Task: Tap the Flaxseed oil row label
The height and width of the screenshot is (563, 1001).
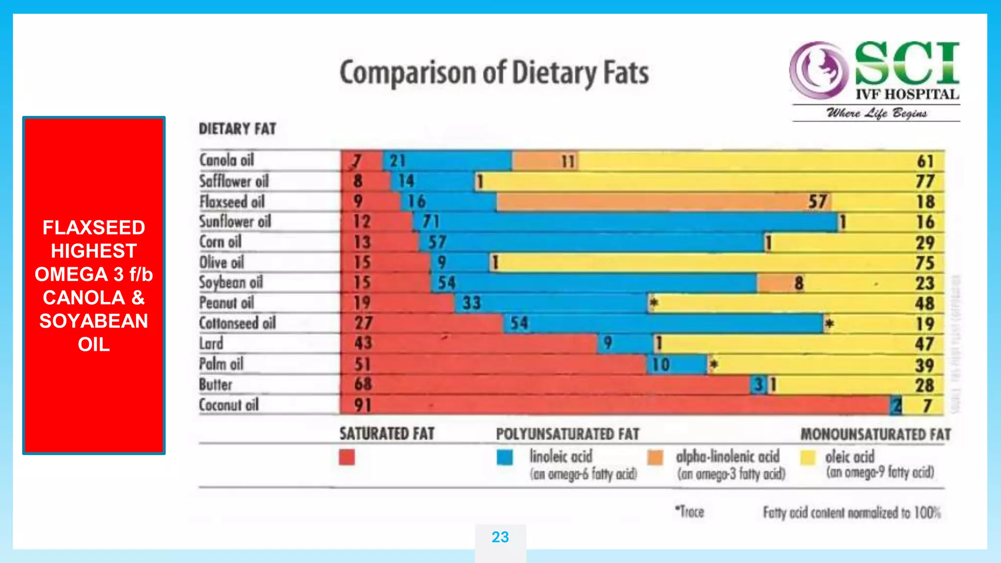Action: tap(232, 201)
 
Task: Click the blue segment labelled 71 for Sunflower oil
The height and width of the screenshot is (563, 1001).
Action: tap(626, 222)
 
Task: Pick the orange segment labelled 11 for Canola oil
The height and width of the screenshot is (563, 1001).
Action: tap(544, 161)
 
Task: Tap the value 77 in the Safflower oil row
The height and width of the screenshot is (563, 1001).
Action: tap(925, 181)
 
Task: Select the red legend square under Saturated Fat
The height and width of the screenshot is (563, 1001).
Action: tap(347, 457)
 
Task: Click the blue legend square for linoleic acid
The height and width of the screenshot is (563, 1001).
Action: tap(504, 457)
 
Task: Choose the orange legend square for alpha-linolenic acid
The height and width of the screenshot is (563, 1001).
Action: tap(655, 457)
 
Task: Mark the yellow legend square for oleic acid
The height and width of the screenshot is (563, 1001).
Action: tap(808, 457)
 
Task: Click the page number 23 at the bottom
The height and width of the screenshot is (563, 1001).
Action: tap(500, 537)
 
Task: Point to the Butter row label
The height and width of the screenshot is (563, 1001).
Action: tap(216, 385)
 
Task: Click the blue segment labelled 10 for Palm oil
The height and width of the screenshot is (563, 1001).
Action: tap(677, 365)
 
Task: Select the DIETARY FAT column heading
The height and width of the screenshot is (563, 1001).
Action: tap(238, 129)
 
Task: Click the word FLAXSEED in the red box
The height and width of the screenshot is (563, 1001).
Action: tap(94, 228)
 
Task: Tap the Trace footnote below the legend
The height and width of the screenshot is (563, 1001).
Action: tap(690, 512)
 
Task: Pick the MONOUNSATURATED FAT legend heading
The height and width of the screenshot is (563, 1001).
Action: tap(875, 434)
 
